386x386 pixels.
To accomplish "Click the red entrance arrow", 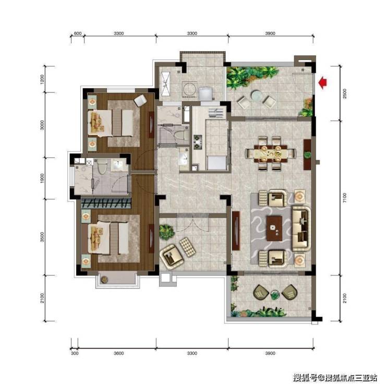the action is click(322, 83).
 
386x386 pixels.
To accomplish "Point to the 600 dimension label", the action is click(78, 33).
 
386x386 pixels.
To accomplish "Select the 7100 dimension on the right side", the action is click(345, 198).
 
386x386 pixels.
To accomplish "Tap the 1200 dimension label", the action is click(42, 79).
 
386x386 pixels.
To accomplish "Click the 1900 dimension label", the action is click(42, 178).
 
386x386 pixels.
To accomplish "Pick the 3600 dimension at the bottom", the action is click(118, 353).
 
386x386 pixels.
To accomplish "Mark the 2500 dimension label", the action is click(345, 93).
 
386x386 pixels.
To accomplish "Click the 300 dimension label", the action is click(75, 353).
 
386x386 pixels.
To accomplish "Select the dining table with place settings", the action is click(271, 153).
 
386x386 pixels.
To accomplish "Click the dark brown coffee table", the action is click(274, 228).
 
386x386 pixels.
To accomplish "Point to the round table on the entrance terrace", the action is click(257, 96).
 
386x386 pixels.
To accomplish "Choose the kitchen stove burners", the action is click(198, 142).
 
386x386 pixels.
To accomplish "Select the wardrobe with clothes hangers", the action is click(106, 203).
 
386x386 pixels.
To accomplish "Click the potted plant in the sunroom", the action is click(166, 232).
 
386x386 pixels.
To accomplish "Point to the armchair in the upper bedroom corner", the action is click(140, 101).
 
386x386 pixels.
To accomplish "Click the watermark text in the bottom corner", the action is click(335, 377).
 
